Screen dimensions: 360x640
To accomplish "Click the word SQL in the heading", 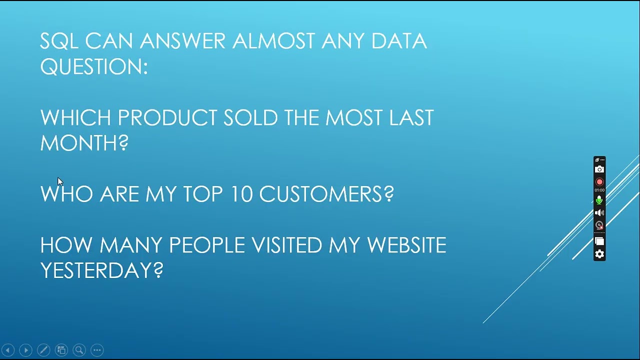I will pyautogui.click(x=59, y=41).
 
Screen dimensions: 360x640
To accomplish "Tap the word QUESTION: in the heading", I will pyautogui.click(x=94, y=67).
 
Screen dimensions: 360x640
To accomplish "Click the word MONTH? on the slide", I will pyautogui.click(x=84, y=143).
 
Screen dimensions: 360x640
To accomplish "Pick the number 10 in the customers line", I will pyautogui.click(x=241, y=194).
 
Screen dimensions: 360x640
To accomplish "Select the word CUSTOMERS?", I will pyautogui.click(x=326, y=194).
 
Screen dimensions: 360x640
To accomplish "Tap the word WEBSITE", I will pyautogui.click(x=406, y=245).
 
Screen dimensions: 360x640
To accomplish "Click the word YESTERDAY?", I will pyautogui.click(x=101, y=270).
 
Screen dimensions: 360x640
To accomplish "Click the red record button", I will pyautogui.click(x=599, y=182).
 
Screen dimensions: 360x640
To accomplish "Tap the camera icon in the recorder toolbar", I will pyautogui.click(x=599, y=169).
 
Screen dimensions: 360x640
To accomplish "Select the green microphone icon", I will pyautogui.click(x=599, y=200).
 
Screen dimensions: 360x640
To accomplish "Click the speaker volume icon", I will pyautogui.click(x=599, y=213).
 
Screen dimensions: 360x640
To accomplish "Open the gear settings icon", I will pyautogui.click(x=599, y=254).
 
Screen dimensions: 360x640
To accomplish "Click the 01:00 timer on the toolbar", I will pyautogui.click(x=599, y=190).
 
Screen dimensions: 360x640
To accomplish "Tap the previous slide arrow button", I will pyautogui.click(x=8, y=350).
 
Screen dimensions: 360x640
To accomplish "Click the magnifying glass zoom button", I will pyautogui.click(x=79, y=350).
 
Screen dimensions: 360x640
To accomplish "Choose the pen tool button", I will pyautogui.click(x=43, y=350).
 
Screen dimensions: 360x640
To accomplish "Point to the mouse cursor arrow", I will pyautogui.click(x=59, y=181).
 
